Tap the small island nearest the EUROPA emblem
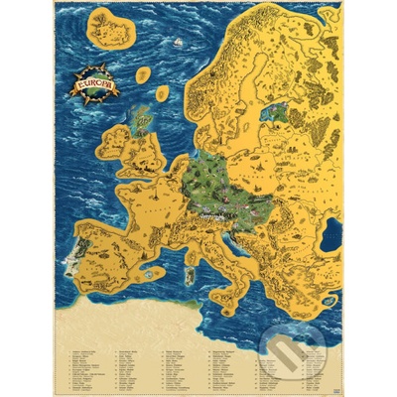pyautogui.click(x=144, y=75)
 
